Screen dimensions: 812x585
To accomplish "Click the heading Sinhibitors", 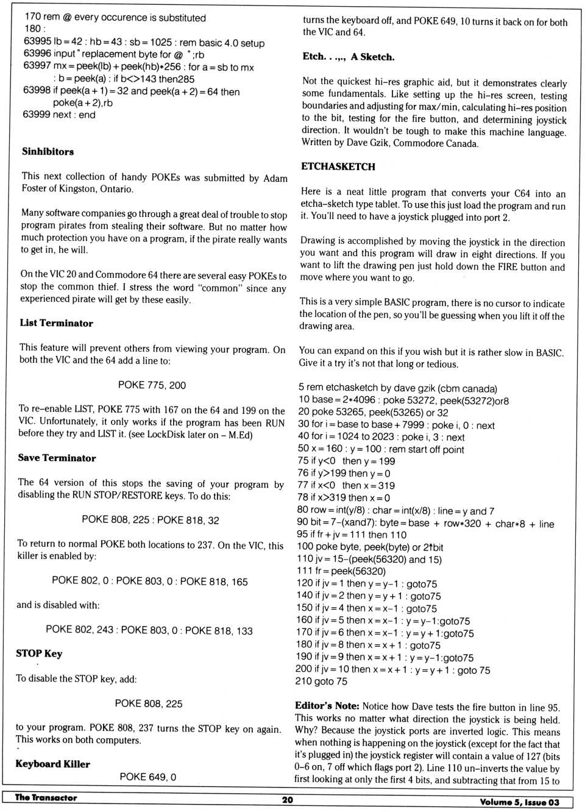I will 48,152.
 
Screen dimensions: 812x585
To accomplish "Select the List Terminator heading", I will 56,323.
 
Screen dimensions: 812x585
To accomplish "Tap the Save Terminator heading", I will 57,458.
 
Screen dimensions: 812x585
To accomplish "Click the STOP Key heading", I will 39,654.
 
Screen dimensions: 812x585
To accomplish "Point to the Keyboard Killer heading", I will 52,764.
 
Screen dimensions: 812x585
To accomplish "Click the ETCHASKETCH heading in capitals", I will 338,166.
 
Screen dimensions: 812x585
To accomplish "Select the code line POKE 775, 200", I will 152,385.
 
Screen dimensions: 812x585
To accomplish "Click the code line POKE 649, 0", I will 147,777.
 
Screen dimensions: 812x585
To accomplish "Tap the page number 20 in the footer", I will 287,800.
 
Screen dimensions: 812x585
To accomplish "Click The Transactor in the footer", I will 46,797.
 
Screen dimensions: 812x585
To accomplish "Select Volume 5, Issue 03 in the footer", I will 519,802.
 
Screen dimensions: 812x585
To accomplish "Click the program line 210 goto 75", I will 321,682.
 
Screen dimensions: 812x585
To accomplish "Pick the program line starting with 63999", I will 58,115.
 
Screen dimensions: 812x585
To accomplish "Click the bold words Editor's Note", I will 327,706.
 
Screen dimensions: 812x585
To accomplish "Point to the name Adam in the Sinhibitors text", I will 275,178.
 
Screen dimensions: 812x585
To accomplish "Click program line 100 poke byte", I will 369,547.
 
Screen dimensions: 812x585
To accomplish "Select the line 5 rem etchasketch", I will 397,388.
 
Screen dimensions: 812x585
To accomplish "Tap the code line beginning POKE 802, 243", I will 149,630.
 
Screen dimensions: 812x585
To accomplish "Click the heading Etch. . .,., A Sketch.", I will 348,57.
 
